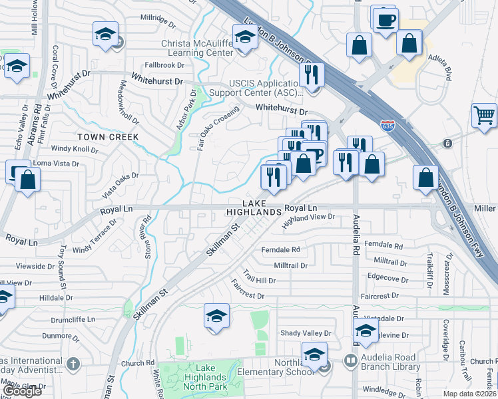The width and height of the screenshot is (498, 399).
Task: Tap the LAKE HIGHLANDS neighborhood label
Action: pyautogui.click(x=254, y=207)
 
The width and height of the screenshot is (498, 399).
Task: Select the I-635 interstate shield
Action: pyautogui.click(x=387, y=124)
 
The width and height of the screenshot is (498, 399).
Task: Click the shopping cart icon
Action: pyautogui.click(x=483, y=115)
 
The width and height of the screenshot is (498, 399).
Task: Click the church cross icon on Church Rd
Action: pyautogui.click(x=73, y=364)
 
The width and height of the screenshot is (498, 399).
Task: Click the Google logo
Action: pyautogui.click(x=22, y=391)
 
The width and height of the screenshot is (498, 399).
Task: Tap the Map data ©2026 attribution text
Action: pyautogui.click(x=469, y=394)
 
